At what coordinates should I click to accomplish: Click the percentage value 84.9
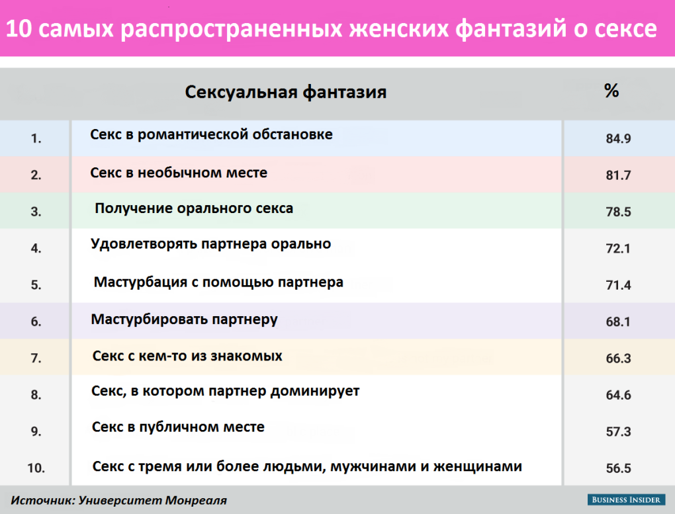pos(618,139)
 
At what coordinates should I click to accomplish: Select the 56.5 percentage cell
pos(618,468)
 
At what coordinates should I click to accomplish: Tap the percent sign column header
pos(611,91)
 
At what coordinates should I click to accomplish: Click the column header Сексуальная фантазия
pos(285,91)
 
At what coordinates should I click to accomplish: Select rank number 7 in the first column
pos(36,359)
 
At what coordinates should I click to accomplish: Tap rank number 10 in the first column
pos(36,468)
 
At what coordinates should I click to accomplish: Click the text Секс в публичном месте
pos(178,427)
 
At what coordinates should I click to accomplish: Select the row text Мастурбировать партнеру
pos(184,320)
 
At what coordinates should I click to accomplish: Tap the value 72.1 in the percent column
pos(618,249)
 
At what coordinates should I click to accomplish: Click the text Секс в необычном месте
pos(179,173)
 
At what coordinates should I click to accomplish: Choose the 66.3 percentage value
pos(618,359)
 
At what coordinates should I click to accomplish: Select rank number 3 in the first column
pos(36,212)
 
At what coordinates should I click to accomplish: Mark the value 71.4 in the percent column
pos(618,285)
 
